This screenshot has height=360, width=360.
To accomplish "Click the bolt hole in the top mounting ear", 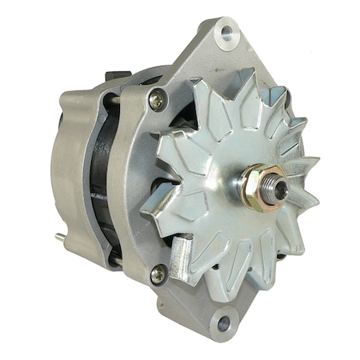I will (226, 33).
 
